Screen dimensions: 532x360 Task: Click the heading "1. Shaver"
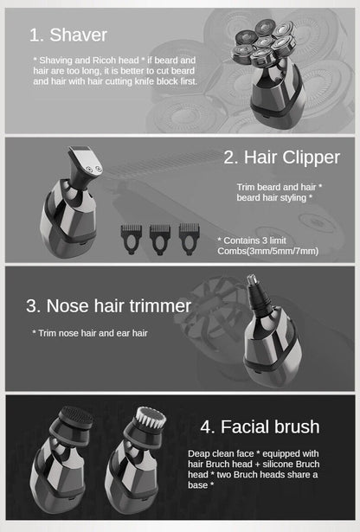click(68, 35)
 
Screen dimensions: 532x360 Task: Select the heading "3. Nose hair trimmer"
click(108, 306)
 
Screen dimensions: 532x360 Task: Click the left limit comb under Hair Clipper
click(132, 236)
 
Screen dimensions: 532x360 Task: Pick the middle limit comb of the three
click(161, 236)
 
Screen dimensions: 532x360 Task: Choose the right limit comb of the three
click(190, 236)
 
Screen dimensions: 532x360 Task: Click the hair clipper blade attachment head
click(86, 164)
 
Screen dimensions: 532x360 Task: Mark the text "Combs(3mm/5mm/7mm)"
click(267, 251)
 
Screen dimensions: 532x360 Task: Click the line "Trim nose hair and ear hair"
click(90, 332)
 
